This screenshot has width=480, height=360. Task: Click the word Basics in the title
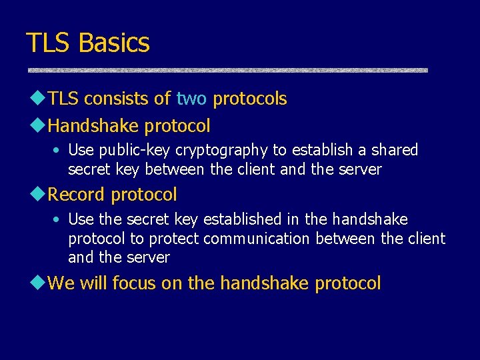pos(114,43)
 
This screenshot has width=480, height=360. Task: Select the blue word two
pos(191,99)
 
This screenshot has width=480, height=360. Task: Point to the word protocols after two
pos(249,99)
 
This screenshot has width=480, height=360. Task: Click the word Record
pos(77,195)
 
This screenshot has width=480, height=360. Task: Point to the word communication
pos(257,239)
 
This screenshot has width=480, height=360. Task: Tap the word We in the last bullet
pos(61,283)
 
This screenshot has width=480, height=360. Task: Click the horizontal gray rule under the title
pos(227,69)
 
